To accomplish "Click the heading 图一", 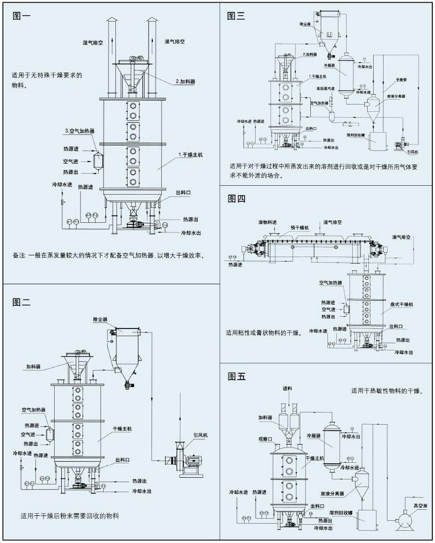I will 22,15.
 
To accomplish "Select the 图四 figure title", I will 236,199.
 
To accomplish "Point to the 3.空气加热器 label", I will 79,131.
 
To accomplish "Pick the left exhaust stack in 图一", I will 112,55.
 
